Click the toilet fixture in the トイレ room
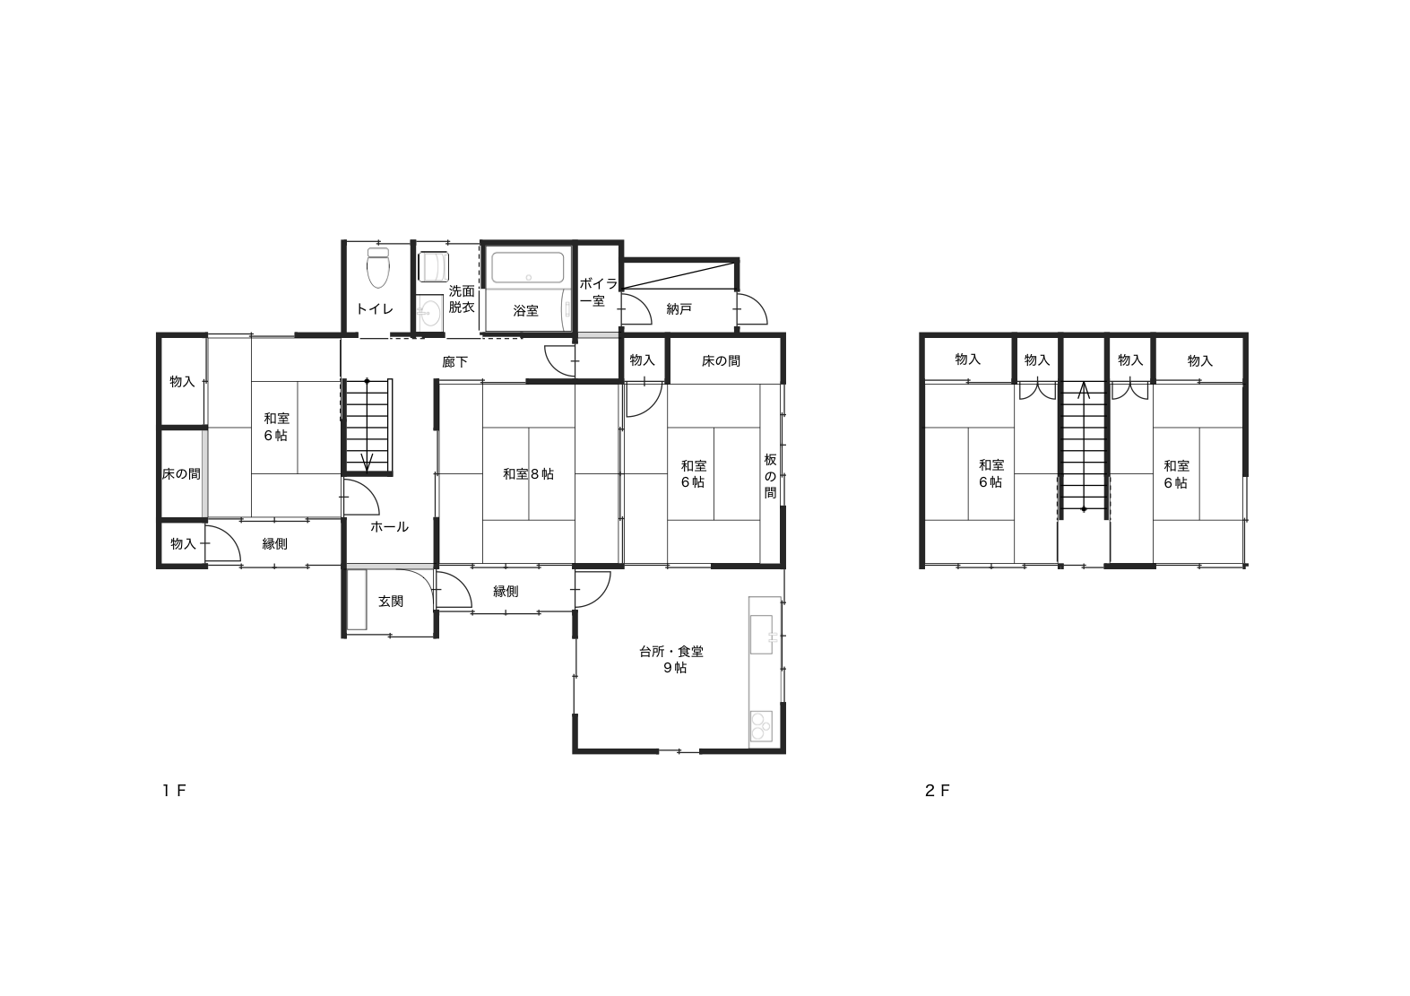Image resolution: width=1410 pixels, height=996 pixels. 378,267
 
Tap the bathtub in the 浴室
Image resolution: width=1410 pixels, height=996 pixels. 527,267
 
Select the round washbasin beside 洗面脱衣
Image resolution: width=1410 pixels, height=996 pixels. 431,312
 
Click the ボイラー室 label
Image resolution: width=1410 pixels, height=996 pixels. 598,292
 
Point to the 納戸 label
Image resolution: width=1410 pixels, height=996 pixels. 679,309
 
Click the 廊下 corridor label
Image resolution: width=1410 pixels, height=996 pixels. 455,362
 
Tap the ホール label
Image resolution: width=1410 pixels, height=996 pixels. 390,527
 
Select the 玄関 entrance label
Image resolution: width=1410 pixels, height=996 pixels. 391,602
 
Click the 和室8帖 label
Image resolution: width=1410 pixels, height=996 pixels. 528,474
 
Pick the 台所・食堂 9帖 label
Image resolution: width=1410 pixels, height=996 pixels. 671,660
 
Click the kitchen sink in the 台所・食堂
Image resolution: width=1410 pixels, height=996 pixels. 762,634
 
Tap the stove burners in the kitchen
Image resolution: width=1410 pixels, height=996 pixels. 761,726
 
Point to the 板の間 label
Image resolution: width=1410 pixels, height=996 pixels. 771,476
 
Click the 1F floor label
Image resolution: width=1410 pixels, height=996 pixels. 175,791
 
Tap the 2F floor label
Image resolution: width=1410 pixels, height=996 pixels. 938,791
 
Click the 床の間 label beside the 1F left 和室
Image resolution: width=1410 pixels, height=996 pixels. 181,474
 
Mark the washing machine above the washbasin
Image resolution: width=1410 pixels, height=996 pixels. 434,267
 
